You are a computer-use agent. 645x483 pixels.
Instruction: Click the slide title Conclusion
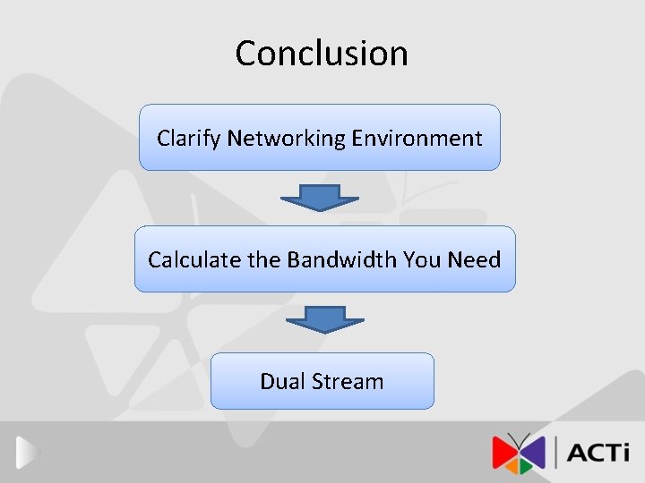tap(322, 53)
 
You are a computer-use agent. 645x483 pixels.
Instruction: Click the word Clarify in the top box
tap(188, 139)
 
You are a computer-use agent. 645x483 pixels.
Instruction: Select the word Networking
tap(286, 139)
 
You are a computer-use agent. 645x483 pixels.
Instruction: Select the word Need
tap(474, 259)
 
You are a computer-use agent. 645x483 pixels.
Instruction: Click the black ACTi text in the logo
tap(599, 452)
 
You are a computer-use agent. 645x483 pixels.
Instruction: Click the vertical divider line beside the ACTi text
tap(557, 452)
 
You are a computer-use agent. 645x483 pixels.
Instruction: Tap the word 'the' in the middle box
tap(264, 259)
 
